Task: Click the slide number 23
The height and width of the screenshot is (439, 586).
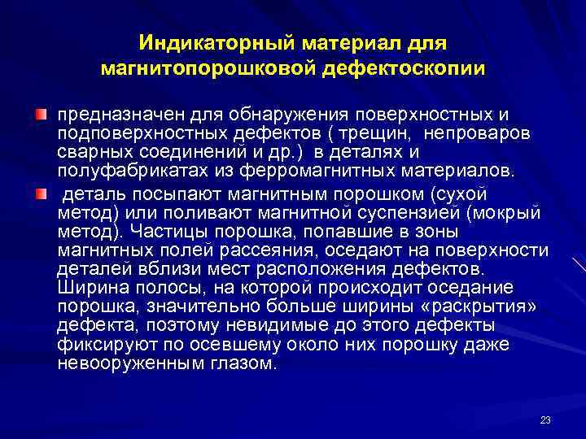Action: (544, 419)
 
